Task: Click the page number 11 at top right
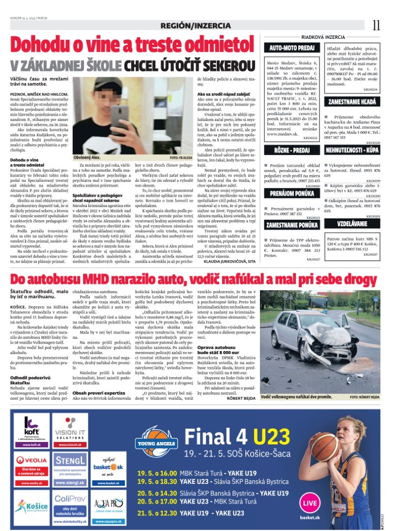point(376,25)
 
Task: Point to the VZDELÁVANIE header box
point(352,224)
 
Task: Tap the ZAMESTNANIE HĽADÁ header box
point(352,101)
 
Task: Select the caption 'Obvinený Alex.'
point(87,157)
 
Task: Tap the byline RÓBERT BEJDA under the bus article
point(242,398)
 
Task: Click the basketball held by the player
point(325,447)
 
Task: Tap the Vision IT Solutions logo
point(70,431)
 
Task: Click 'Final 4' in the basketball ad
point(217,436)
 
